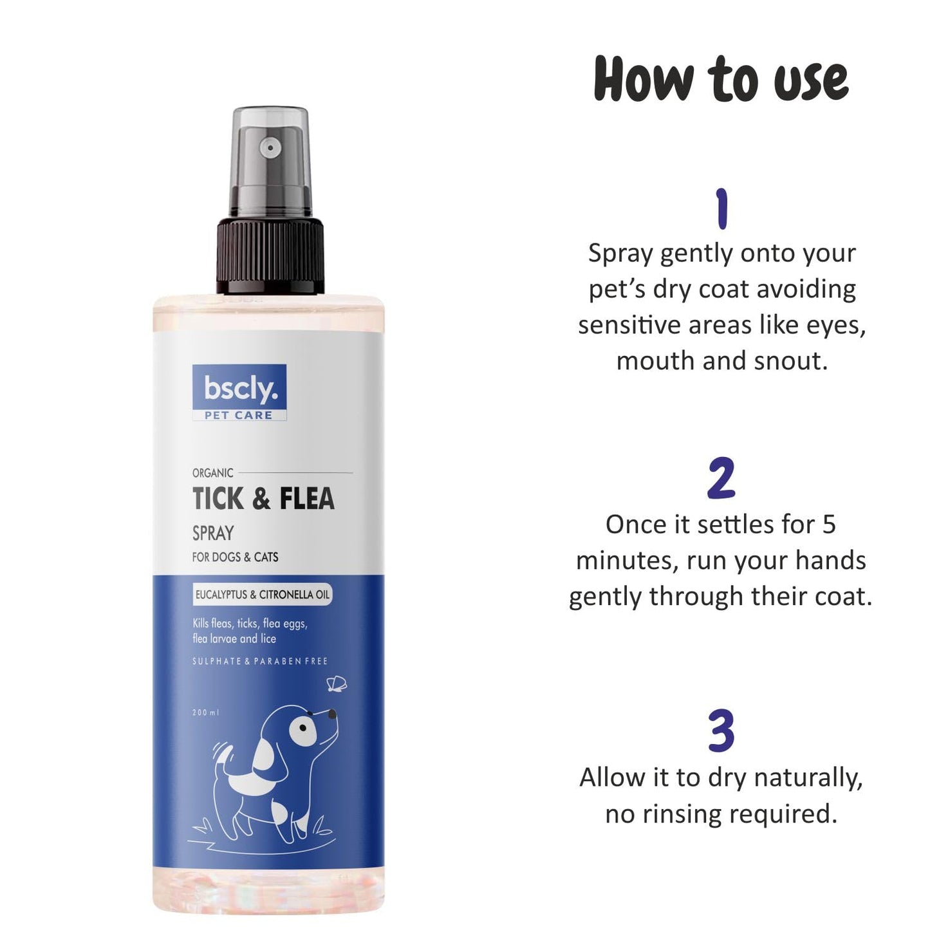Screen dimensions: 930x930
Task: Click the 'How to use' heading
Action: (x=721, y=79)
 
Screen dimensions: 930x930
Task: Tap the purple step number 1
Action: (x=721, y=209)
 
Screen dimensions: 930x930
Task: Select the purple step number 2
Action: (x=721, y=479)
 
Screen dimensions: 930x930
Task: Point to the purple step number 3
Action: (x=721, y=731)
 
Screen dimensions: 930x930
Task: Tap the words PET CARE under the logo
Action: (x=239, y=416)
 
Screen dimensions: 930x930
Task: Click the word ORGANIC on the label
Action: (x=212, y=473)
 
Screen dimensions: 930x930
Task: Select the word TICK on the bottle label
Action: (x=219, y=499)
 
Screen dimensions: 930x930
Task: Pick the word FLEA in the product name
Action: (x=306, y=499)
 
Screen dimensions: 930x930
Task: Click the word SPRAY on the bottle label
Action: (x=213, y=534)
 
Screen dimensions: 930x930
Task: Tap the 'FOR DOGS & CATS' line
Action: (x=235, y=557)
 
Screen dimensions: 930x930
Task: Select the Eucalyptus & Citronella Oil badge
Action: (x=262, y=595)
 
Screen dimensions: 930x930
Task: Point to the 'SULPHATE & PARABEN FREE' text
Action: (x=259, y=661)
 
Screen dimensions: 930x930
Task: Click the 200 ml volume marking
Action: (x=206, y=712)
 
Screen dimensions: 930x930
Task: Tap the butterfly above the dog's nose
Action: (x=337, y=684)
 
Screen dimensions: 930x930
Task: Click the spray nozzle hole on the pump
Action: (x=270, y=149)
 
